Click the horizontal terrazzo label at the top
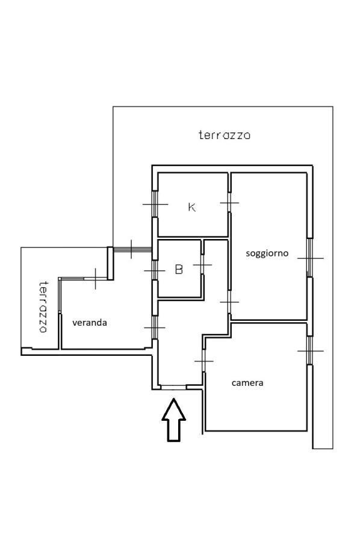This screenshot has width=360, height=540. pyautogui.click(x=225, y=135)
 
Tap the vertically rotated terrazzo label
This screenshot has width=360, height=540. pyautogui.click(x=43, y=307)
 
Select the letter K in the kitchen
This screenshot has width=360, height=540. pyautogui.click(x=192, y=207)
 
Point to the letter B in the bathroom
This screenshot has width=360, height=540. pyautogui.click(x=179, y=269)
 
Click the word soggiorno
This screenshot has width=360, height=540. pyautogui.click(x=267, y=253)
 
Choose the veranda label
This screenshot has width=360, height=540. pyautogui.click(x=90, y=323)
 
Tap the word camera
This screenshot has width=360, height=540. pyautogui.click(x=247, y=383)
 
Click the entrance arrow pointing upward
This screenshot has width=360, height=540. pyautogui.click(x=174, y=420)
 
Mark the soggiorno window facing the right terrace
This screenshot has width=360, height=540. pyautogui.click(x=310, y=258)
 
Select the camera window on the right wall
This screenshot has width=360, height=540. pyautogui.click(x=310, y=351)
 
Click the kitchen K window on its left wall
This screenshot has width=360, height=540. pyautogui.click(x=155, y=204)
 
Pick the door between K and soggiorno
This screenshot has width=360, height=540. pyautogui.click(x=229, y=202)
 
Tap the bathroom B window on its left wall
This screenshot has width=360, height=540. pyautogui.click(x=155, y=271)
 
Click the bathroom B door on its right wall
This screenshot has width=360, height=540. pyautogui.click(x=202, y=265)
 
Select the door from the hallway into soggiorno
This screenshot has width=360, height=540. pyautogui.click(x=229, y=302)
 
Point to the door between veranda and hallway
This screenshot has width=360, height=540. pyautogui.click(x=155, y=327)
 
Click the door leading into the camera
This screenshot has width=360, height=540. pyautogui.click(x=204, y=361)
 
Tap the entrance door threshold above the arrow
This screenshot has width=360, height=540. pyautogui.click(x=173, y=387)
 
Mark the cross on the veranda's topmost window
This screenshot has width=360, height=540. pyautogui.click(x=131, y=249)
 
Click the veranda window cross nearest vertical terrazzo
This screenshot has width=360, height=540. pyautogui.click(x=96, y=278)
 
